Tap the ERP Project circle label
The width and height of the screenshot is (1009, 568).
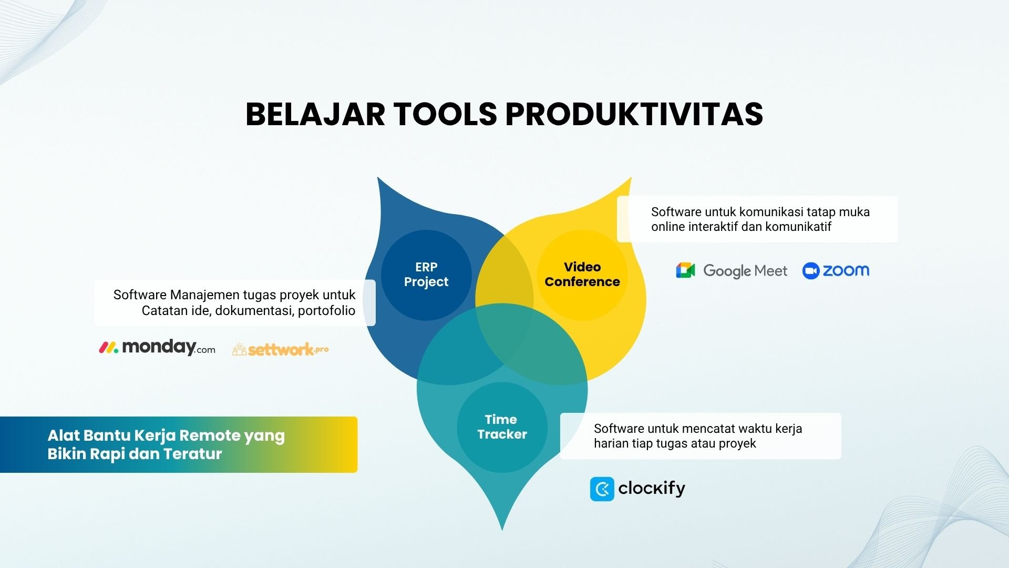click(426, 275)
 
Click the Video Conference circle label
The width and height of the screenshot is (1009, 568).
click(582, 275)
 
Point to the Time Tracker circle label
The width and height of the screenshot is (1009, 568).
click(502, 427)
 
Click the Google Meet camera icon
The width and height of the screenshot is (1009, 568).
click(685, 270)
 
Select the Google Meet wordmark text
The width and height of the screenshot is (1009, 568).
click(745, 271)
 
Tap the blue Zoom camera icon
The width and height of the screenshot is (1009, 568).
click(811, 270)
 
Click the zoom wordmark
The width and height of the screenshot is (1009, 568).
click(846, 270)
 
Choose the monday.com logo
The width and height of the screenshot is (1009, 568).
click(157, 348)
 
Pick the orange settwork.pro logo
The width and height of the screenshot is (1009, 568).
click(281, 350)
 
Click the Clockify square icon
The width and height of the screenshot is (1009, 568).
click(602, 489)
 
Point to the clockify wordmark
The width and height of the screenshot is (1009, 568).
click(652, 489)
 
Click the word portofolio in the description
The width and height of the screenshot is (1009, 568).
click(326, 311)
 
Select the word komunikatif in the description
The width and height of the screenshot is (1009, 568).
click(798, 227)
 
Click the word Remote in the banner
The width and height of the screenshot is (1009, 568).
click(210, 435)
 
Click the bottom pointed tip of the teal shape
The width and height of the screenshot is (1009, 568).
click(502, 530)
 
